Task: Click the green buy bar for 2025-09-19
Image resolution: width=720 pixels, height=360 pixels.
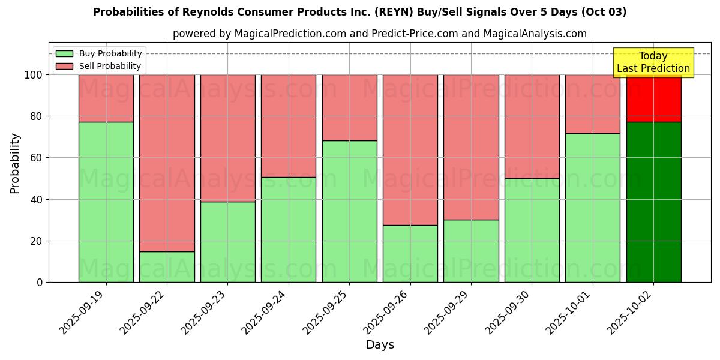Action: coord(106,202)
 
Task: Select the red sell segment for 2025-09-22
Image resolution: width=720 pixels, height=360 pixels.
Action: coord(167,163)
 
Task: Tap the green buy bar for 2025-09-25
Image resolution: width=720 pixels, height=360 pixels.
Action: coord(349,211)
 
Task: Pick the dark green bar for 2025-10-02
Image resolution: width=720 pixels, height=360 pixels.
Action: coord(653,202)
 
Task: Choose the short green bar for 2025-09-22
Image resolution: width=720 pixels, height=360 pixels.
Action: coord(167,267)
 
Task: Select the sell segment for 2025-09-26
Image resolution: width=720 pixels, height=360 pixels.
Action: coord(410,150)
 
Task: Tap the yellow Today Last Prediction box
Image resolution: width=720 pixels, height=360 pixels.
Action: coord(653,62)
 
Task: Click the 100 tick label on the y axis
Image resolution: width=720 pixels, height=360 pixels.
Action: coord(34,75)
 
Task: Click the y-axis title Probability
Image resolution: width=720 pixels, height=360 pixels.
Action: coord(15,163)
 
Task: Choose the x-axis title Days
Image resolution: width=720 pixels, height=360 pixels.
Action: coord(380,345)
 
